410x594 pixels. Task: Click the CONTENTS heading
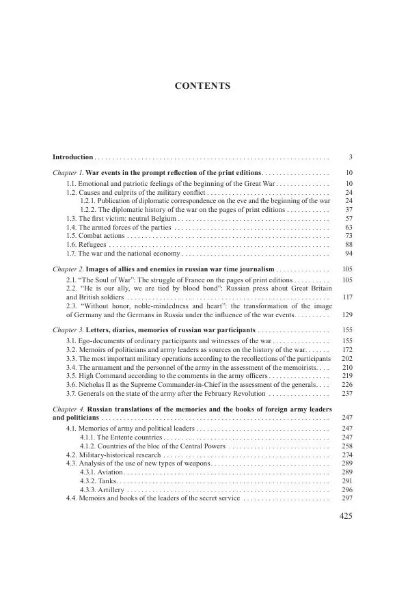[x=203, y=86]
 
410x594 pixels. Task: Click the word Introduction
[x=72, y=157]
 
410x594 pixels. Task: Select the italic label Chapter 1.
[x=68, y=174]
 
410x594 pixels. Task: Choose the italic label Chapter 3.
[x=68, y=330]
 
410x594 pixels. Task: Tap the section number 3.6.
[x=71, y=384]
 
